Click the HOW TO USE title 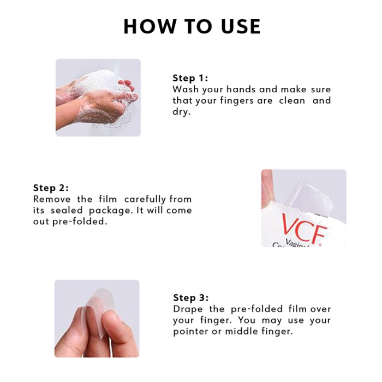(x=192, y=26)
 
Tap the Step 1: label (x=190, y=77)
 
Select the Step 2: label (x=51, y=188)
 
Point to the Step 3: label (x=191, y=297)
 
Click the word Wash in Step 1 (x=184, y=89)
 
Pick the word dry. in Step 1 (x=182, y=112)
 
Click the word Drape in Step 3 (x=187, y=309)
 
